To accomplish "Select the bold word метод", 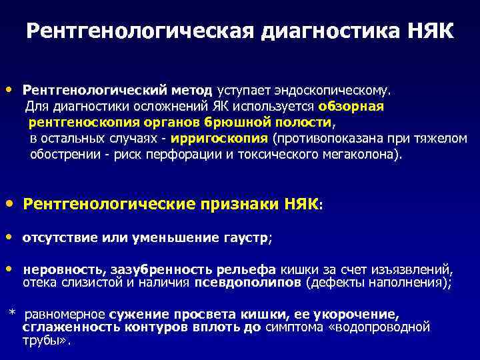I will point(189,89).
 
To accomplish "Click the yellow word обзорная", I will point(351,106).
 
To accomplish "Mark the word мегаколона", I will point(363,155).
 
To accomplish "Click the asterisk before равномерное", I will point(11,313).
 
